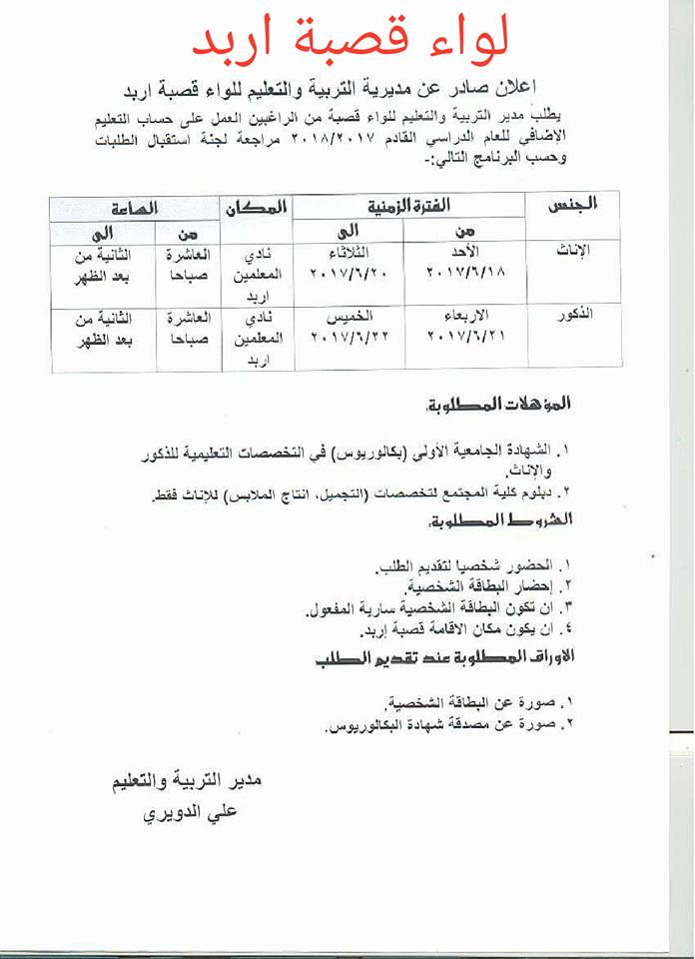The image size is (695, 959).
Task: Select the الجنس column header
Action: point(573,205)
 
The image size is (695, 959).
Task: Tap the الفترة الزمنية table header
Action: point(409,205)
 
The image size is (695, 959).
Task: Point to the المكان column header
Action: point(257,207)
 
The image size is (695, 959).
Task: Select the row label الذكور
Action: point(573,315)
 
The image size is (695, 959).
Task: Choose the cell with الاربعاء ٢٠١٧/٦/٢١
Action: point(465,326)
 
